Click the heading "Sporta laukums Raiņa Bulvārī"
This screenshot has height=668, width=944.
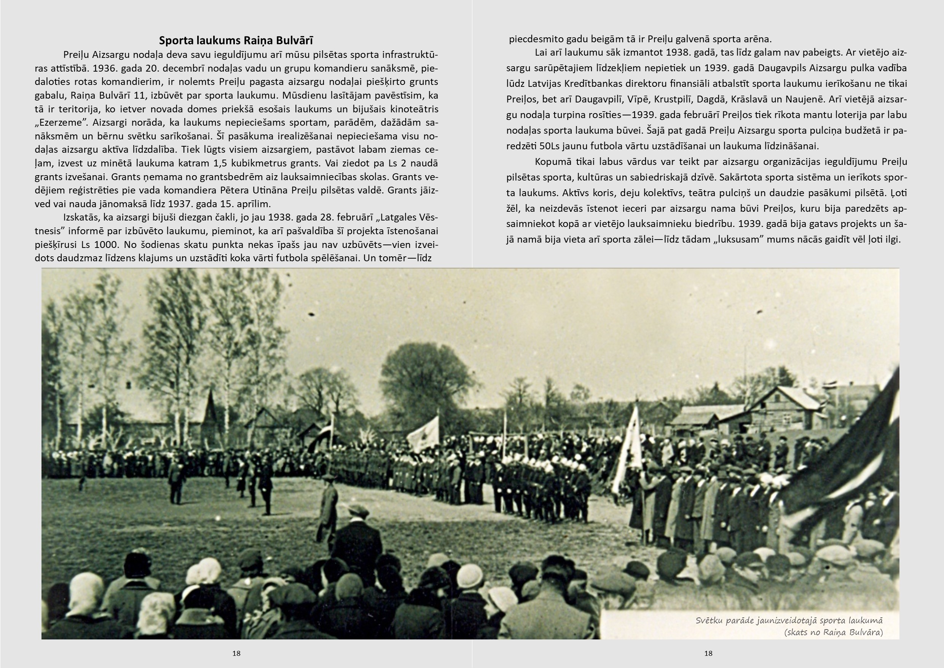pos(236,40)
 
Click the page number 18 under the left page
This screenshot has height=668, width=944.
pos(236,653)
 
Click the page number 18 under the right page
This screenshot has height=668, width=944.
pos(708,653)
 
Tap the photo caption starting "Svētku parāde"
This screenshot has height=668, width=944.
pos(789,626)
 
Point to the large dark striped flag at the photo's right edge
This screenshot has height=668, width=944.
pos(851,461)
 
